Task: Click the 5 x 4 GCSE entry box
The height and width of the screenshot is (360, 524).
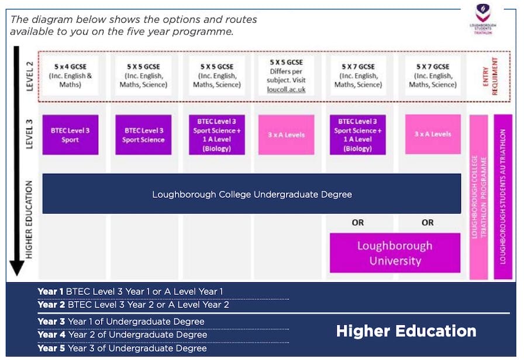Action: pyautogui.click(x=70, y=76)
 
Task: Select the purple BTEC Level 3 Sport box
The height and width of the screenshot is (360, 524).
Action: pyautogui.click(x=70, y=135)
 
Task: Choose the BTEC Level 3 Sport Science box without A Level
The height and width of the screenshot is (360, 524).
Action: pyautogui.click(x=143, y=135)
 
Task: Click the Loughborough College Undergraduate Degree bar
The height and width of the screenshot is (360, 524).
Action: pyautogui.click(x=251, y=194)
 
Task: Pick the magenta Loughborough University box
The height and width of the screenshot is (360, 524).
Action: pyautogui.click(x=395, y=253)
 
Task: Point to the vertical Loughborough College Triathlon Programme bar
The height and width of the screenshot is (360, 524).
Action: pyautogui.click(x=478, y=197)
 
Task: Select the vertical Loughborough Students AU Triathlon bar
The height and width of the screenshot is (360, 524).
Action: pyautogui.click(x=503, y=197)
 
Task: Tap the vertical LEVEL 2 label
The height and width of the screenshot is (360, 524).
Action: pyautogui.click(x=30, y=76)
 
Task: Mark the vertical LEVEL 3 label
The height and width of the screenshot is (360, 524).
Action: pyautogui.click(x=30, y=135)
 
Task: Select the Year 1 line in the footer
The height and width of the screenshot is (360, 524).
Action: pyautogui.click(x=130, y=291)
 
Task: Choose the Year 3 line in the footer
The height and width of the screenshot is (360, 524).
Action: pyautogui.click(x=121, y=321)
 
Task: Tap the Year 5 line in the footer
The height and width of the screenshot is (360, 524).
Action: pyautogui.click(x=122, y=348)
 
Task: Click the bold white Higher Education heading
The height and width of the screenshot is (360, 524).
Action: pyautogui.click(x=406, y=331)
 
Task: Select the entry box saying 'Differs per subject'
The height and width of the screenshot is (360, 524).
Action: pyautogui.click(x=287, y=76)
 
